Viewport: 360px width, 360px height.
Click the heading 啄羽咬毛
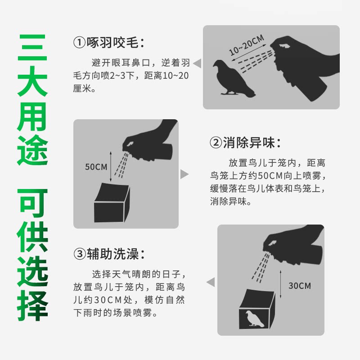pyautogui.click(x=112, y=43)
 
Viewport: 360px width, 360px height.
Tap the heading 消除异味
pyautogui.click(x=249, y=142)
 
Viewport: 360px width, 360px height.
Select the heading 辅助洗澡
pyautogui.click(x=113, y=254)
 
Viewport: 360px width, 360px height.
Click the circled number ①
pyautogui.click(x=79, y=43)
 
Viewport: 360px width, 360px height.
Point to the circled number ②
pyautogui.click(x=216, y=142)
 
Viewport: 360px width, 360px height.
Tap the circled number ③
pyautogui.click(x=80, y=254)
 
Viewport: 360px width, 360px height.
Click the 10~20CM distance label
pyautogui.click(x=247, y=45)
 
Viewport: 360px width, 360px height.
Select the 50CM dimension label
pyautogui.click(x=96, y=167)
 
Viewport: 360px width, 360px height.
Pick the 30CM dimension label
pyautogui.click(x=300, y=286)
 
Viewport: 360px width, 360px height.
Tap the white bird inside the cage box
pyautogui.click(x=255, y=319)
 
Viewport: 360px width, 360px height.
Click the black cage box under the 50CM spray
pyautogui.click(x=112, y=203)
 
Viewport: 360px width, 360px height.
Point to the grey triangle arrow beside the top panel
pyautogui.click(x=197, y=63)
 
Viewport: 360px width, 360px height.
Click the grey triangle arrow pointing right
pyautogui.click(x=184, y=174)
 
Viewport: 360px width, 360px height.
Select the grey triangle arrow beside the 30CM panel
pyautogui.click(x=211, y=282)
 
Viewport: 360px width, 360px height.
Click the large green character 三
pyautogui.click(x=32, y=48)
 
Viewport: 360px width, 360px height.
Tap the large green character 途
pyautogui.click(x=32, y=150)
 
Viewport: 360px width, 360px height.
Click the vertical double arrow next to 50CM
pyautogui.click(x=111, y=166)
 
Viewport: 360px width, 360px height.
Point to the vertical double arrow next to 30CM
pyautogui.click(x=280, y=284)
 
